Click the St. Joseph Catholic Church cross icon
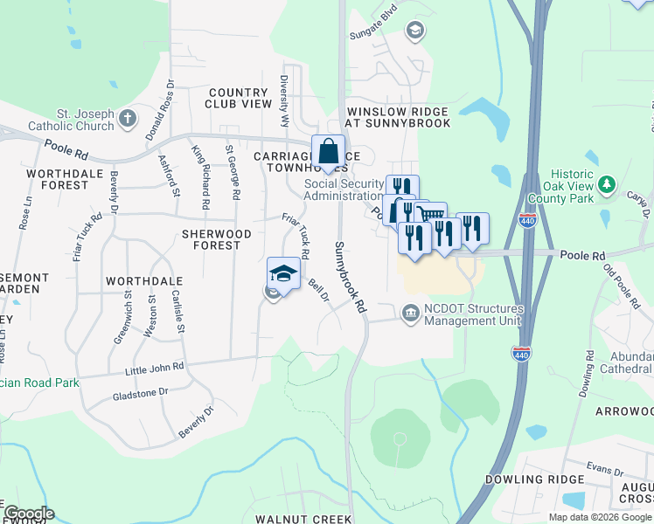[x=128, y=117]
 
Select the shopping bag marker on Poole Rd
[x=328, y=152]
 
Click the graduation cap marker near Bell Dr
[x=283, y=274]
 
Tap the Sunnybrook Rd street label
[x=349, y=279]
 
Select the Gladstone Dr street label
[x=140, y=393]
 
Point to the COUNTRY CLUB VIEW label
[x=240, y=98]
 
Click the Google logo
[x=28, y=514]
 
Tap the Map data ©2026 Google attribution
[x=599, y=517]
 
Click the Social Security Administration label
[x=344, y=190]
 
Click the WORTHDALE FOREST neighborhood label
[x=59, y=179]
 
